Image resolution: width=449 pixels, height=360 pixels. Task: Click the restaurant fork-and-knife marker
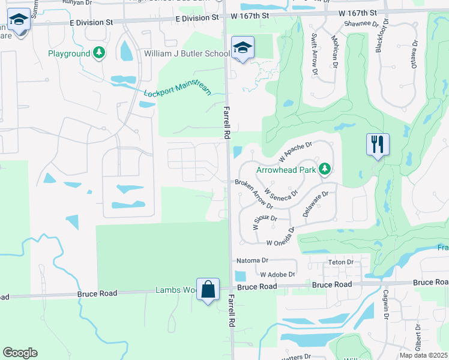coord(378,145)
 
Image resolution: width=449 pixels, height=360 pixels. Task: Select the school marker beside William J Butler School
coord(243,48)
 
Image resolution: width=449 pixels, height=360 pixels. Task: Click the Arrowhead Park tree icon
coord(325,170)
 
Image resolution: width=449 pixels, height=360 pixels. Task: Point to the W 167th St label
coord(357,13)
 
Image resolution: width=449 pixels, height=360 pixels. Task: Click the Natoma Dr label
coord(252,261)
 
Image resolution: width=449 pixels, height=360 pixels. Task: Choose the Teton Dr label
coord(341,262)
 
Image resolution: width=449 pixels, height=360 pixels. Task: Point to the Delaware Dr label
coord(317,205)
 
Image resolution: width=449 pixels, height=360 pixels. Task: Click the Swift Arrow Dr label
coord(314,54)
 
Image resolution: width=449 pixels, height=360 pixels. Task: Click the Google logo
coord(20,353)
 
